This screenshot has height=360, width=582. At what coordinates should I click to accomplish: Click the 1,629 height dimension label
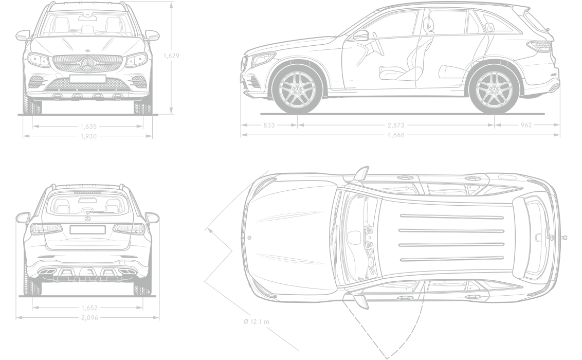click(x=171, y=56)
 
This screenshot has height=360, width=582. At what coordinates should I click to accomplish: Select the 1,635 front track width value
click(x=89, y=125)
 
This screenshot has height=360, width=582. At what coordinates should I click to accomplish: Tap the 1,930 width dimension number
click(x=89, y=136)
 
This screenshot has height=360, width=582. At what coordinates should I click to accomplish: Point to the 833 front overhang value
click(x=268, y=125)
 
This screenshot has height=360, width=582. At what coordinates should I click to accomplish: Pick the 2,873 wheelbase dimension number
click(x=396, y=125)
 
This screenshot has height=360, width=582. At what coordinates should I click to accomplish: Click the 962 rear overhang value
click(x=526, y=125)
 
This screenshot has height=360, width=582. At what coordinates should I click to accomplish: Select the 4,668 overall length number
click(x=396, y=135)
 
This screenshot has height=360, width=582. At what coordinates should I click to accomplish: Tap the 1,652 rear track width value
click(x=89, y=308)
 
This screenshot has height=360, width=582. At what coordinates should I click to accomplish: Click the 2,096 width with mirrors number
click(x=89, y=318)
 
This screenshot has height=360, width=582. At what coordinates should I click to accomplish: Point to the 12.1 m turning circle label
click(x=257, y=322)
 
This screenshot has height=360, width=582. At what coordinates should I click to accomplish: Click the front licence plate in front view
click(x=88, y=79)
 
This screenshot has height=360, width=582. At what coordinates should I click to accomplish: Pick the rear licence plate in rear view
click(x=87, y=229)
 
